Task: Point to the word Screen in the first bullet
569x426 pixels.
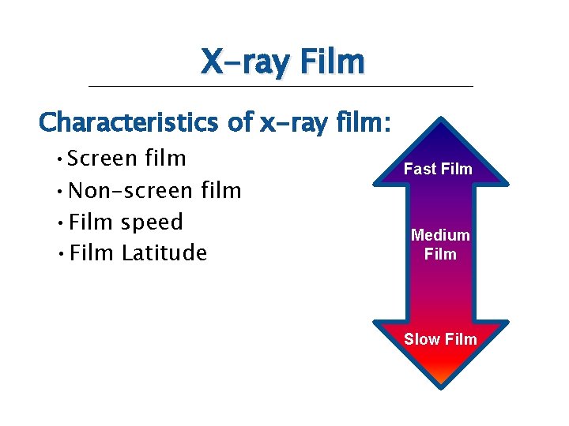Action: [103, 159]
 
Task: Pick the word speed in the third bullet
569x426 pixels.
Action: [152, 222]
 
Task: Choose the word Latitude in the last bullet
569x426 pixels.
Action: [164, 253]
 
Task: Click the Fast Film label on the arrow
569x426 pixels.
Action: [438, 169]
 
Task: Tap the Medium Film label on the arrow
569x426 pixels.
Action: [440, 245]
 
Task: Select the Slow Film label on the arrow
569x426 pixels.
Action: [440, 339]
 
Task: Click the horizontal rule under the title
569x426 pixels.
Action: [281, 85]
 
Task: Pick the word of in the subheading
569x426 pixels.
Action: [239, 122]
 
